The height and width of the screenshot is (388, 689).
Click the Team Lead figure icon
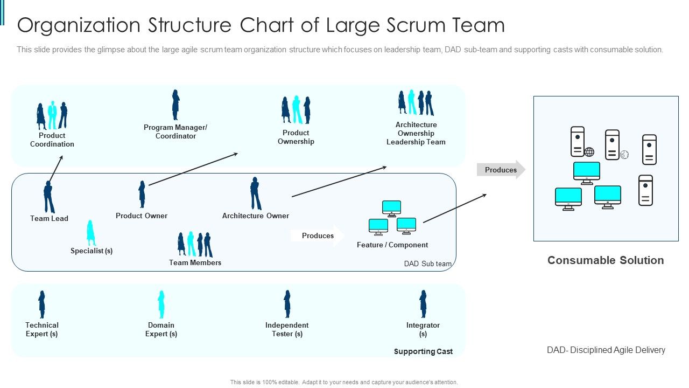[48, 197]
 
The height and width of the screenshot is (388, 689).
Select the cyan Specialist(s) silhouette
[91, 233]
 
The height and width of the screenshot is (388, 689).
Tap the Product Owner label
[142, 216]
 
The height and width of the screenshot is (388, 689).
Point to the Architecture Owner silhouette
[256, 193]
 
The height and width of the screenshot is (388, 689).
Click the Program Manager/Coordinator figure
[175, 105]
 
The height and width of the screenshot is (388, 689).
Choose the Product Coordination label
[52, 140]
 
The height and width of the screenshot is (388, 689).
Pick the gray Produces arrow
[501, 170]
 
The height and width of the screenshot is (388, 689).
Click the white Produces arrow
[318, 235]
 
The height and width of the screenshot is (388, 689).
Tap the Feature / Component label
[392, 245]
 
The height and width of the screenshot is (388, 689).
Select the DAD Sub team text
[427, 264]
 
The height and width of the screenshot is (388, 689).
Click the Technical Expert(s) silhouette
[41, 304]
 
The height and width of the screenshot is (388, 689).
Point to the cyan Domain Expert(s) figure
[161, 304]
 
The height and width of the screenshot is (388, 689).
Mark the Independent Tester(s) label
[287, 329]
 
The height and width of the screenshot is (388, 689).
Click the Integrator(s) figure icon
[423, 304]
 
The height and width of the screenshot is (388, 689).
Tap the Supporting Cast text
[423, 351]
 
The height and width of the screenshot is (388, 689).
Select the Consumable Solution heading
[606, 260]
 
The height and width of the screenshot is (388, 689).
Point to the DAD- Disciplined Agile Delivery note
[606, 350]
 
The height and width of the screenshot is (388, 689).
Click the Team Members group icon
[195, 244]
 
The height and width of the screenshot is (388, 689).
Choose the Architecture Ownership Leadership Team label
[416, 133]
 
